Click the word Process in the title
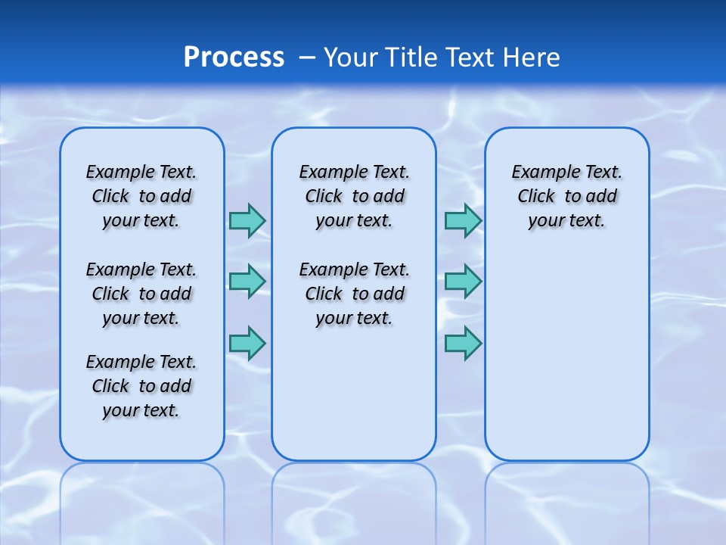[x=234, y=58]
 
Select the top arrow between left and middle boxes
[x=247, y=220]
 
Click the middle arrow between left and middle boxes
[x=247, y=282]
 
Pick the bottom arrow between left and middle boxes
[x=247, y=343]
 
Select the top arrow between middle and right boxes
[x=463, y=220]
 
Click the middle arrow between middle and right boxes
[x=463, y=282]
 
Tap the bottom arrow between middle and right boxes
[x=463, y=343]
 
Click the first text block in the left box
[x=141, y=196]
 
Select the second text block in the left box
[x=141, y=294]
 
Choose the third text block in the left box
[x=141, y=386]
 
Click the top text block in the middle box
[x=354, y=196]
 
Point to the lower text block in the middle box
[x=354, y=294]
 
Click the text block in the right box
[x=566, y=196]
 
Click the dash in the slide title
[x=307, y=58]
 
